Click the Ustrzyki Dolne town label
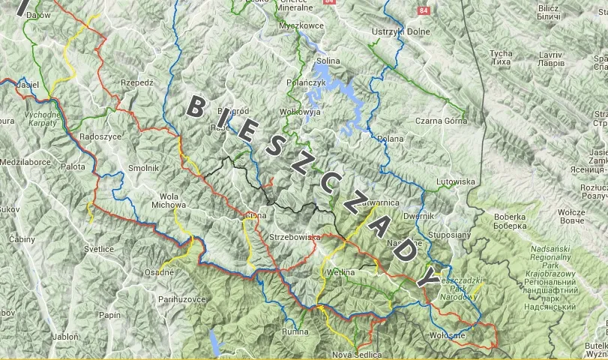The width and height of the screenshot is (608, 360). [401, 31]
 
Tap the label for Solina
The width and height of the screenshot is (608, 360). [328, 61]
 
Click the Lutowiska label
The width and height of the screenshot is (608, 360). [456, 181]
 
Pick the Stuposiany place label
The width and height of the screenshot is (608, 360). [450, 235]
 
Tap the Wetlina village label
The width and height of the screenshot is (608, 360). [340, 272]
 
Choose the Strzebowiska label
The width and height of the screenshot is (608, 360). [295, 237]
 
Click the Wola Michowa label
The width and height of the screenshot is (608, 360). [168, 199]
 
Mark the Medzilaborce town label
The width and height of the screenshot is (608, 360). [25, 161]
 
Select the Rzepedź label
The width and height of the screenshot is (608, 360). [136, 83]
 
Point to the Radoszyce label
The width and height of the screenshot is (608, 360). [100, 137]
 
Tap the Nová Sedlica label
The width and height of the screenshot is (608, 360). [357, 354]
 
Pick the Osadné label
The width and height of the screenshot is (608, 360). [159, 271]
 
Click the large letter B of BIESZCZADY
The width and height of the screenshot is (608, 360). [194, 106]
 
